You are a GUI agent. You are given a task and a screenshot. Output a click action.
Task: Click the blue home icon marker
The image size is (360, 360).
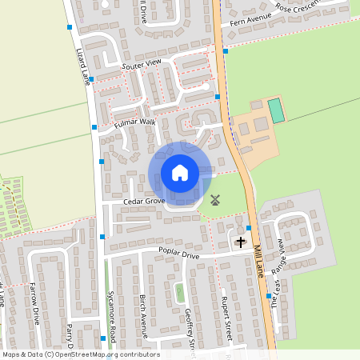tap(180, 173)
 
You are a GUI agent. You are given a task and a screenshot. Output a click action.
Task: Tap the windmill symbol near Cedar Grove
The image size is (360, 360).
tap(214, 201)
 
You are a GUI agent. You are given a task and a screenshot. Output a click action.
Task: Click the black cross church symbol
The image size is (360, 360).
tap(240, 241)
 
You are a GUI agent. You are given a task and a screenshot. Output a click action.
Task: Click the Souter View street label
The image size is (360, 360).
tap(142, 62)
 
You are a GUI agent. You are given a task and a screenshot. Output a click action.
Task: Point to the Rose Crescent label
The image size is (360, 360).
tap(298, 6)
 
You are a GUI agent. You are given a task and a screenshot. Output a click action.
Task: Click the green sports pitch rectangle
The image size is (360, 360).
tap(276, 110)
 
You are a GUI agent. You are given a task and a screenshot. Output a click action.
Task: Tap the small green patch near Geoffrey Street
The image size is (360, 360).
tap(180, 293)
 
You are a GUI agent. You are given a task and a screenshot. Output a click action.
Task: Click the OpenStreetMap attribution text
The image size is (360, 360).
tap(81, 354)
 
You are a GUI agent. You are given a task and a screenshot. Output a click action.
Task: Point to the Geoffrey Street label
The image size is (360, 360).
tap(190, 328)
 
